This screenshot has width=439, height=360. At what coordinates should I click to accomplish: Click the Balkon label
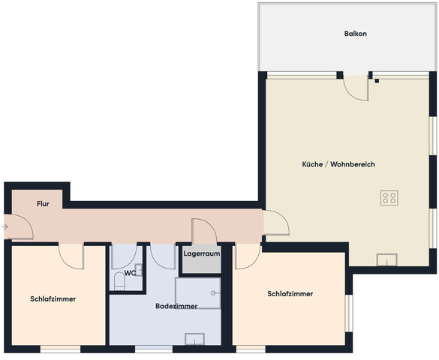[355, 34]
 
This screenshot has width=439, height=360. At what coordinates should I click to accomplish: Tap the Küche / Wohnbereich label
[338, 164]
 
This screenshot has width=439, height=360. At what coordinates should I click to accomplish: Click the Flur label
[43, 204]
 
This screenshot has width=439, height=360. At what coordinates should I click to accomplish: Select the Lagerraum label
[202, 254]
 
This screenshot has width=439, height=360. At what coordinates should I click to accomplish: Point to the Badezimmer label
[176, 306]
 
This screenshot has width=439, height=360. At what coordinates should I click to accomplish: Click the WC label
[130, 273]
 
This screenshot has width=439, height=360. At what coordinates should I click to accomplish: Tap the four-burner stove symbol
[389, 198]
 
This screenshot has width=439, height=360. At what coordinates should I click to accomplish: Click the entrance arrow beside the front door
[5, 226]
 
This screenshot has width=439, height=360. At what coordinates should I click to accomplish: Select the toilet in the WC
[119, 282]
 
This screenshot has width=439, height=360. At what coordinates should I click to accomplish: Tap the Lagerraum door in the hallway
[204, 231]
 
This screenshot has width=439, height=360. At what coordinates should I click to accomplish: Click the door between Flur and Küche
[276, 223]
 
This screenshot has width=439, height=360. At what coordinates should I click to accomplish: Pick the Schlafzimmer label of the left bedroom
[53, 299]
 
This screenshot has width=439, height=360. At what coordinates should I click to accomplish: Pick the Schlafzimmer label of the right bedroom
[290, 294]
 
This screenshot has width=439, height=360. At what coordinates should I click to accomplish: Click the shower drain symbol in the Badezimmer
[213, 293]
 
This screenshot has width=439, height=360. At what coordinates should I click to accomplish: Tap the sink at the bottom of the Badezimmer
[194, 339]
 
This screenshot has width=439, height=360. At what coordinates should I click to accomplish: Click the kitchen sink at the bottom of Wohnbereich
[387, 259]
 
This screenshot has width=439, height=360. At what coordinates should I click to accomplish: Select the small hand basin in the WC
[139, 270]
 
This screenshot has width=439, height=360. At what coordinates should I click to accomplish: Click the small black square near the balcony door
[377, 81]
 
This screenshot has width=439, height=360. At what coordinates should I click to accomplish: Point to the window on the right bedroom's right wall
[349, 313]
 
